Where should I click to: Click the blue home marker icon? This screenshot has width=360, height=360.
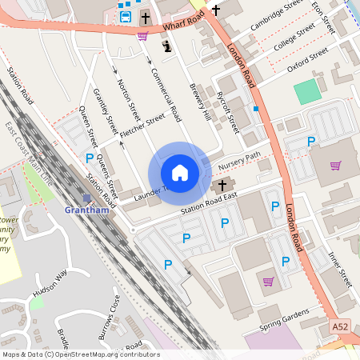tap(180, 172)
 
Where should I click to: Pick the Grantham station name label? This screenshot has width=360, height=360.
tap(86, 210)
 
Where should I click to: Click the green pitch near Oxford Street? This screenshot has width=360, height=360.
tap(307, 92)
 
